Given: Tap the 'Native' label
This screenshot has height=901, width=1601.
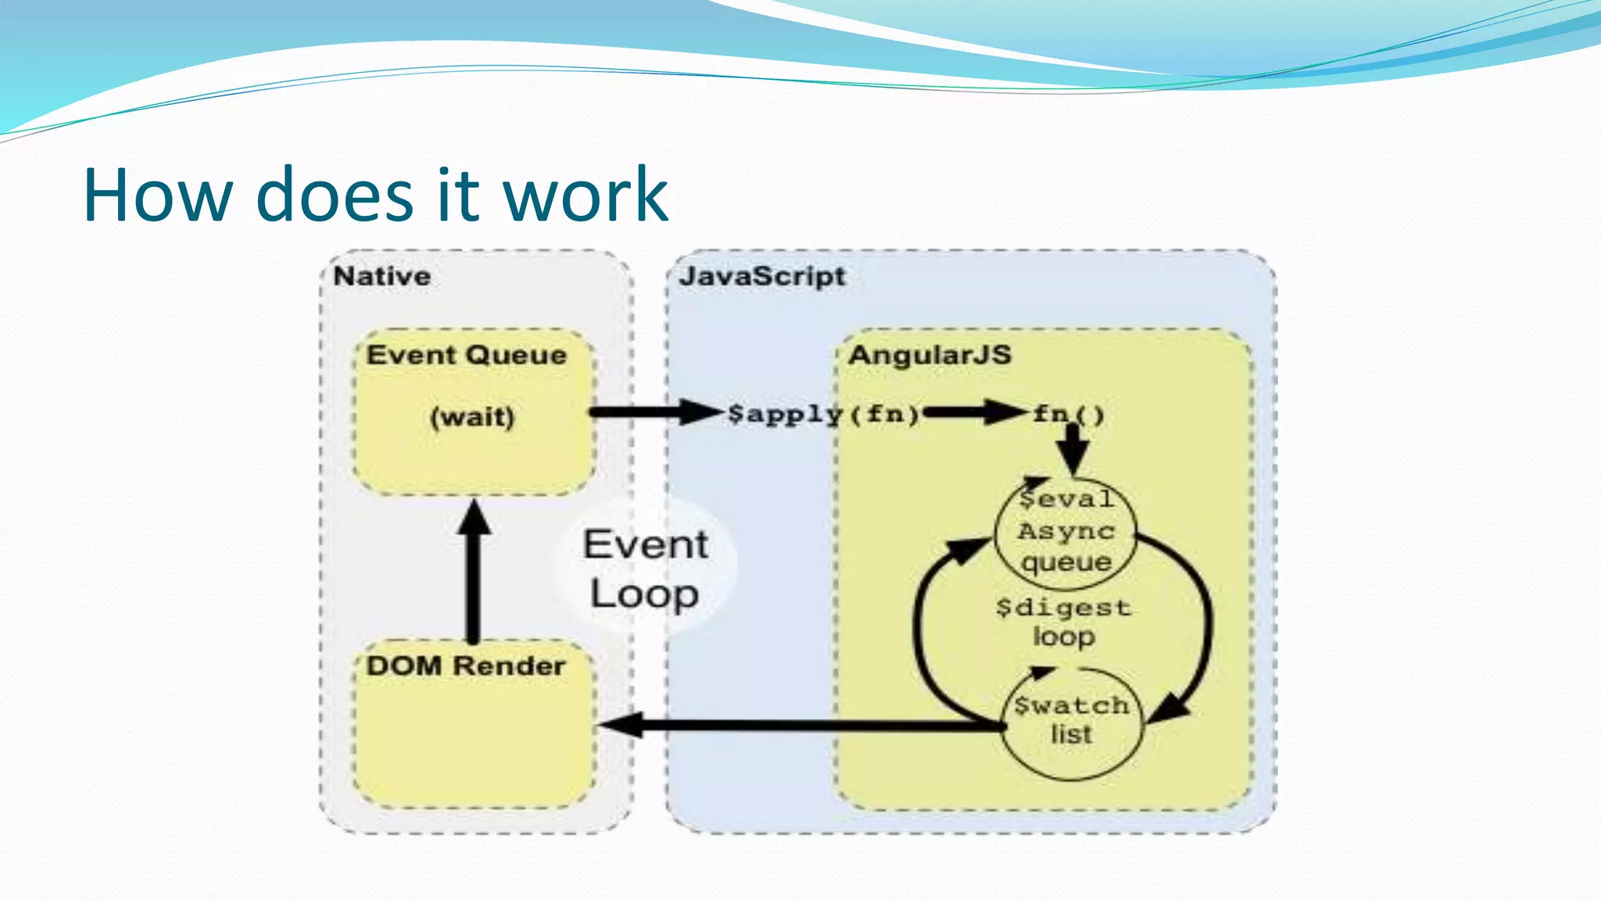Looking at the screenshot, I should click(x=381, y=276).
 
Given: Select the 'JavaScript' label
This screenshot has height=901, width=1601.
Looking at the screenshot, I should click(x=762, y=276).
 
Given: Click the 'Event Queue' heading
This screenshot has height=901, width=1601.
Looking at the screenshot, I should click(x=467, y=355).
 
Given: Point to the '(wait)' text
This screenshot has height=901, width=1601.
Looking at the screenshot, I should click(x=472, y=416).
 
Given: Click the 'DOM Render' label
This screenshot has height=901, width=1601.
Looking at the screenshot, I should click(x=466, y=666).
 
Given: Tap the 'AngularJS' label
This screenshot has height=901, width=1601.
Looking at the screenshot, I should click(x=929, y=355).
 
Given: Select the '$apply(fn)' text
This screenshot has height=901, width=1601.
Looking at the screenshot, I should click(x=823, y=413).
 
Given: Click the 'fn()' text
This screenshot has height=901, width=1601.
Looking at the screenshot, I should click(x=1069, y=413).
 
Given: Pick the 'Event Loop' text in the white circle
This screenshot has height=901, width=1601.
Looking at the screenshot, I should click(x=645, y=569).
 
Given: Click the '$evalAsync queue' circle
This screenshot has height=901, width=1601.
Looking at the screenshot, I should click(x=1066, y=530).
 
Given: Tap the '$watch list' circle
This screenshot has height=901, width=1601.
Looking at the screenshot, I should click(x=1071, y=721).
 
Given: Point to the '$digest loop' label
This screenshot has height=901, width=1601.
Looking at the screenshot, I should click(x=1064, y=622).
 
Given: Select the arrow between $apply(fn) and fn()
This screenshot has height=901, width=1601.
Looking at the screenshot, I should click(x=974, y=411).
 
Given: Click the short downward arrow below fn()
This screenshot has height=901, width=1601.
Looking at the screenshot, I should click(x=1073, y=449).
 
